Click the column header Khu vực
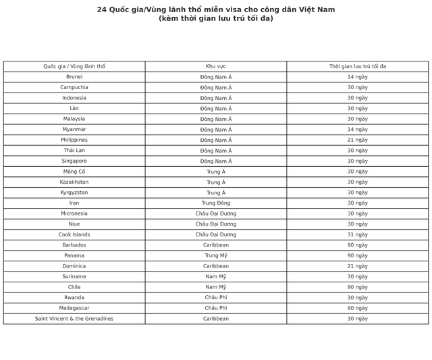point(216,66)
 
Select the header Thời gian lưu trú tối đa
point(357,66)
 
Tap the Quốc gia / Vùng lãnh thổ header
point(74,66)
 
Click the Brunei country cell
point(74,77)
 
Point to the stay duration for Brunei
point(357,77)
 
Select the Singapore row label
point(74,161)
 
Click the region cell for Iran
point(216,203)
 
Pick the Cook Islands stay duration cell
point(357,234)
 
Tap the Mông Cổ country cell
point(74,172)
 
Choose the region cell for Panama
point(216,255)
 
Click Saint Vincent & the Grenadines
point(74,319)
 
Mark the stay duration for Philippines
point(357,140)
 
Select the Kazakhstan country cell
point(74,182)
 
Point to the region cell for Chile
point(216,287)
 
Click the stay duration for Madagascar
point(357,308)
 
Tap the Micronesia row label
point(74,213)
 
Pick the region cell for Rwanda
point(216,297)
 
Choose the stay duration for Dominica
point(357,266)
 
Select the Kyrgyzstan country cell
point(74,192)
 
